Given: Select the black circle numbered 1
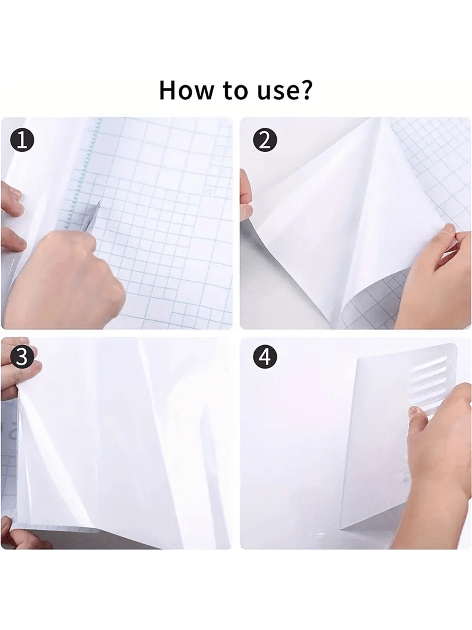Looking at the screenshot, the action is tap(23, 141).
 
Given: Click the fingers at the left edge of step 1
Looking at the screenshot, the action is tap(13, 218).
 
